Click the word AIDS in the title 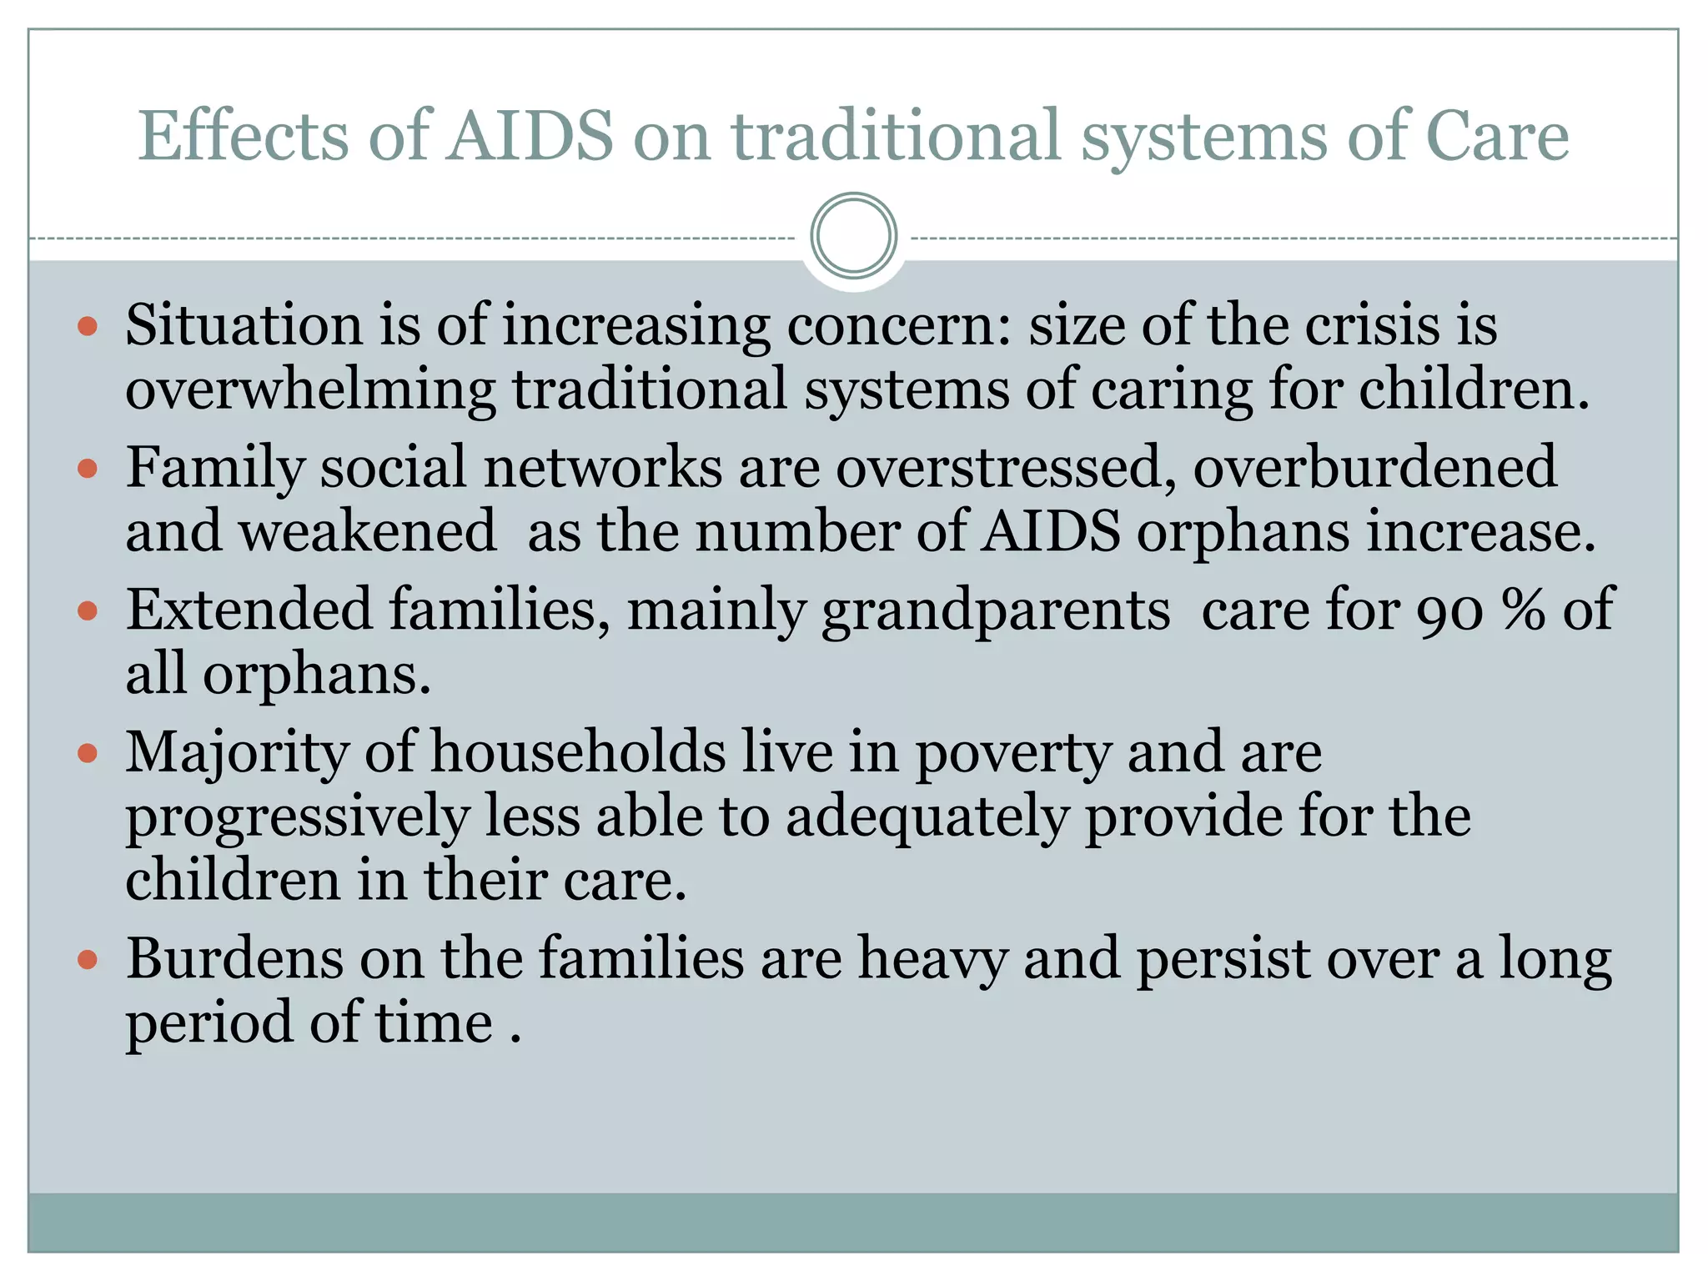pyautogui.click(x=530, y=135)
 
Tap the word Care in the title pyautogui.click(x=1497, y=135)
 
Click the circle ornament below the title pyautogui.click(x=853, y=235)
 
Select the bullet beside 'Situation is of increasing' pyautogui.click(x=88, y=325)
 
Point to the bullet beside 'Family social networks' pyautogui.click(x=88, y=468)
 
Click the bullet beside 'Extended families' pyautogui.click(x=88, y=611)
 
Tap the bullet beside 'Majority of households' pyautogui.click(x=88, y=754)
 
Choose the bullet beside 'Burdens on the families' pyautogui.click(x=88, y=960)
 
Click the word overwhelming pyautogui.click(x=310, y=390)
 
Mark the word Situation pyautogui.click(x=244, y=325)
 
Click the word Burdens pyautogui.click(x=234, y=958)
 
